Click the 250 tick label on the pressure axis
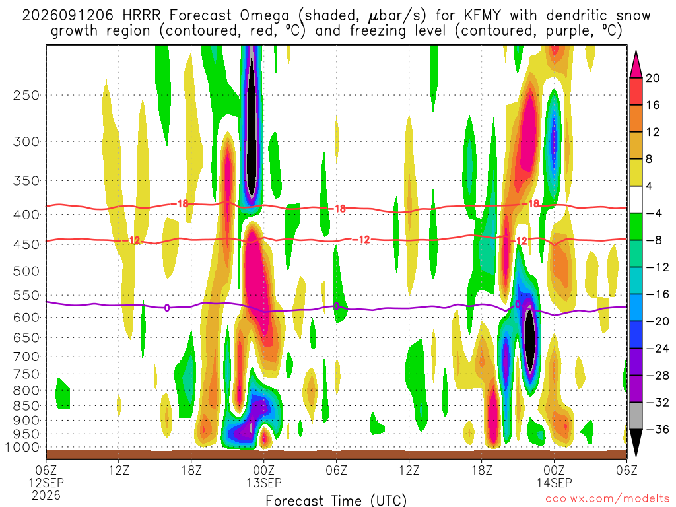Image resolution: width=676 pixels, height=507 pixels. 26,95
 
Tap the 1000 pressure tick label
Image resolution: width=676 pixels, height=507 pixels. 22,447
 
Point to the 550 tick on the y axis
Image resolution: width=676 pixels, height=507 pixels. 26,295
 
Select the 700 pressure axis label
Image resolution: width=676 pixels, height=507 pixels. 26,356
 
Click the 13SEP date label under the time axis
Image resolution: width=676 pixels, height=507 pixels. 264,483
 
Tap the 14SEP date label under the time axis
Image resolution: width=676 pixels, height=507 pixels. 554,483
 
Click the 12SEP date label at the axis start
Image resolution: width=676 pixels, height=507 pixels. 46,483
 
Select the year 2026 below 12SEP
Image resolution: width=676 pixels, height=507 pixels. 46,495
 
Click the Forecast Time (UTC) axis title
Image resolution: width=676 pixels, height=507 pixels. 336,500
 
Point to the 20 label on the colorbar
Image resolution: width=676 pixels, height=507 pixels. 652,78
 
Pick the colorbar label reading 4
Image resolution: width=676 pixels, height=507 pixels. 649,186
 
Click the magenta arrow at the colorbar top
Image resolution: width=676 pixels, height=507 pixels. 636,64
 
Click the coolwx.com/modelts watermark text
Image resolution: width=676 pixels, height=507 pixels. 607,499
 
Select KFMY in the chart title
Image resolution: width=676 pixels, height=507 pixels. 483,16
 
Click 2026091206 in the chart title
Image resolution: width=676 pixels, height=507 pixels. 68,16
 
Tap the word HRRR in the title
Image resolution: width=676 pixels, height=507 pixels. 141,16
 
